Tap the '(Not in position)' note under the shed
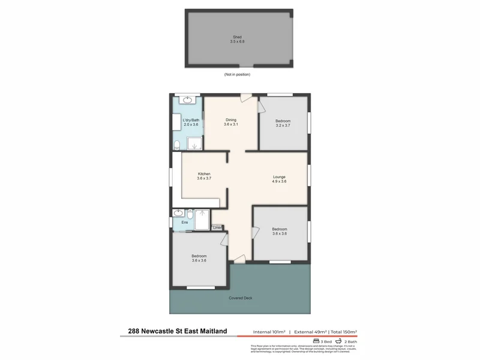[x=237, y=74]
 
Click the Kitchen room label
[x=204, y=174]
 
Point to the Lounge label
[x=279, y=177]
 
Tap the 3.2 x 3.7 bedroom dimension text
[x=283, y=125]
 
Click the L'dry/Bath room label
[x=191, y=120]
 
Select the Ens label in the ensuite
[x=184, y=223]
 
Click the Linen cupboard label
[x=217, y=227]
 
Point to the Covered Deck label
[x=240, y=298]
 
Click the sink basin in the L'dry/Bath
[x=188, y=100]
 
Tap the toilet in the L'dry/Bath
[x=178, y=144]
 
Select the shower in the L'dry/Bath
[x=194, y=143]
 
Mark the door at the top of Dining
[x=245, y=98]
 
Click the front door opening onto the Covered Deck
[x=239, y=258]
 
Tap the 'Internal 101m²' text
[x=268, y=332]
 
